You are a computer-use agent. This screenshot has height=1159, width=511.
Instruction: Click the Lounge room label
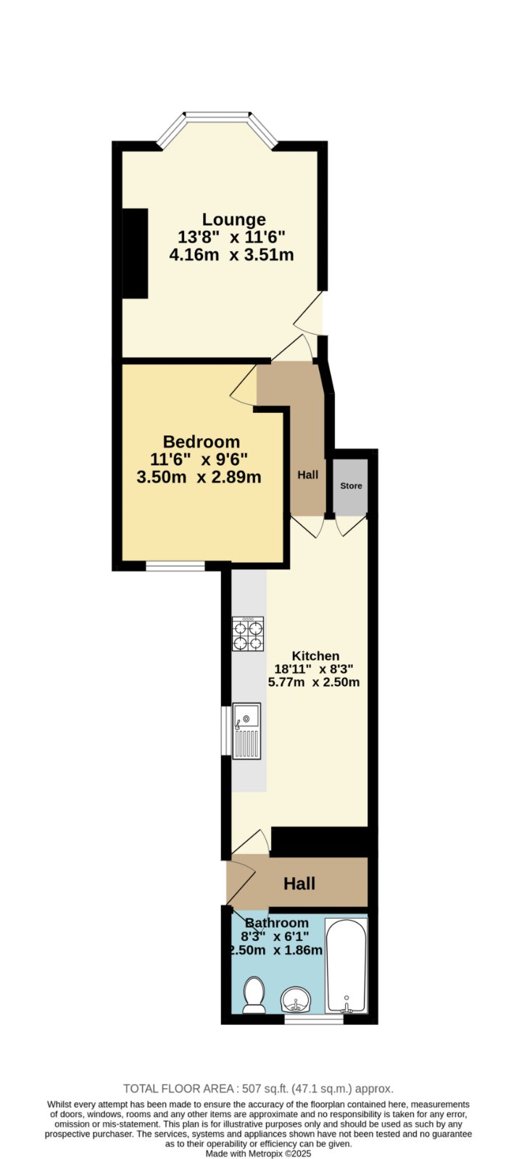click(x=233, y=220)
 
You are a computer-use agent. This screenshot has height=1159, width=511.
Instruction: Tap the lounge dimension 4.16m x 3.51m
click(x=231, y=255)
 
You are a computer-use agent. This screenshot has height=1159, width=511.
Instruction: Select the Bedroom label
click(x=202, y=442)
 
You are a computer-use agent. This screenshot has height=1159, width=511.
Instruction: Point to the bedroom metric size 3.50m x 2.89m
click(x=199, y=477)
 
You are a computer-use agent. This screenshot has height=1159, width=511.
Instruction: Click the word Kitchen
click(x=315, y=656)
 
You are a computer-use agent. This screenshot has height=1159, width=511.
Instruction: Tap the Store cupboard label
click(x=351, y=486)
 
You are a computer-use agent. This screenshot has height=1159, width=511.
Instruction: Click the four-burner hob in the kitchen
click(x=247, y=634)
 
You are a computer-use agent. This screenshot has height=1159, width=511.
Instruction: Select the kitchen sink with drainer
click(x=246, y=731)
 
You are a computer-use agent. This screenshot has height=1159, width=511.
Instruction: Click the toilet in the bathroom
click(x=254, y=995)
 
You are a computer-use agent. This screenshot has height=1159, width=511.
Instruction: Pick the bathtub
click(x=346, y=966)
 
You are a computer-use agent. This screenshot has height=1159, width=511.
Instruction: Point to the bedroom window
click(x=175, y=566)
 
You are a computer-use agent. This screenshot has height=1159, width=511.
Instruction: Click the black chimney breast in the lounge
click(x=135, y=254)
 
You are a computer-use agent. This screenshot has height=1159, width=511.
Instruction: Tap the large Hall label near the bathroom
click(x=299, y=884)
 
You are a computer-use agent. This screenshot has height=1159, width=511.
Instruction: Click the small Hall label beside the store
click(x=307, y=475)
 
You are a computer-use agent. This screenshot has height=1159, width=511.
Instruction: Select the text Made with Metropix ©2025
click(x=258, y=1154)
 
